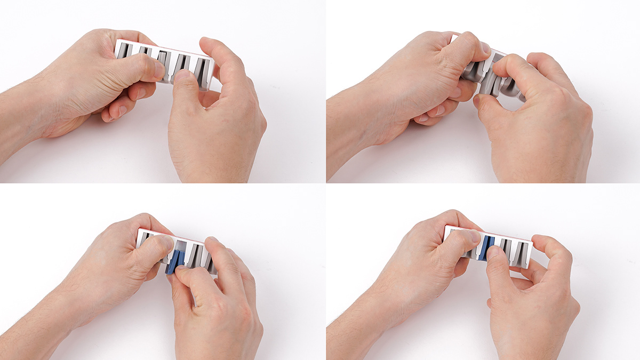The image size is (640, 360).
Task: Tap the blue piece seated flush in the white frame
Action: coord(485,248)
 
